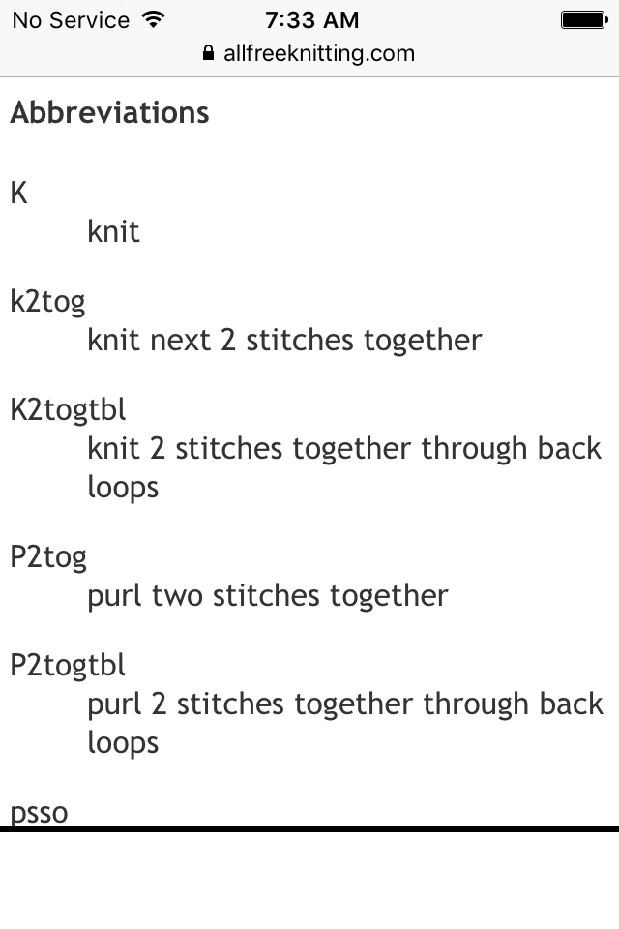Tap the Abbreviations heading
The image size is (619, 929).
(109, 112)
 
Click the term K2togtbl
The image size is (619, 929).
(68, 410)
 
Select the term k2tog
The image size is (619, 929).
(47, 302)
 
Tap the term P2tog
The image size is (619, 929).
(48, 557)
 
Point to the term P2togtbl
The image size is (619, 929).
(68, 666)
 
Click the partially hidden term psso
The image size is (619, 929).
(39, 814)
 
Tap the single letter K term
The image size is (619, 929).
(18, 193)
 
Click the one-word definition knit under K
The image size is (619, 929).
(113, 231)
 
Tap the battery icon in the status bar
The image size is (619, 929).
(583, 19)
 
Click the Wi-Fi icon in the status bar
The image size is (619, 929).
(153, 19)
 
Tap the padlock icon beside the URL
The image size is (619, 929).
(208, 53)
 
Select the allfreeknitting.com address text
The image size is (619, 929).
(319, 53)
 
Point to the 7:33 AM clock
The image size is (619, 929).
(311, 19)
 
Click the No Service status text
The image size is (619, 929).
(71, 19)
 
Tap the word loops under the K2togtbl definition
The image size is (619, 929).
(123, 487)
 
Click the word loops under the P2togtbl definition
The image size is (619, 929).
(123, 742)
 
